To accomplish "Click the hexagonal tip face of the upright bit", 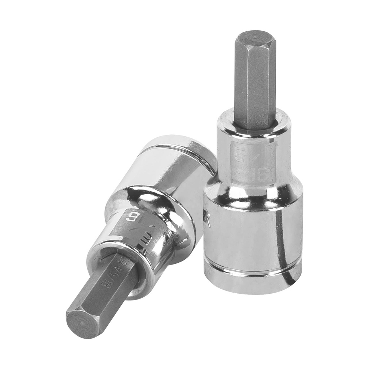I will tap(255, 37).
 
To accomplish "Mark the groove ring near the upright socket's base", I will tap(252, 270).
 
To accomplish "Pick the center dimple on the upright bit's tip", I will tap(255, 37).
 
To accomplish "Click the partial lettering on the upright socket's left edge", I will tap(208, 222).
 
